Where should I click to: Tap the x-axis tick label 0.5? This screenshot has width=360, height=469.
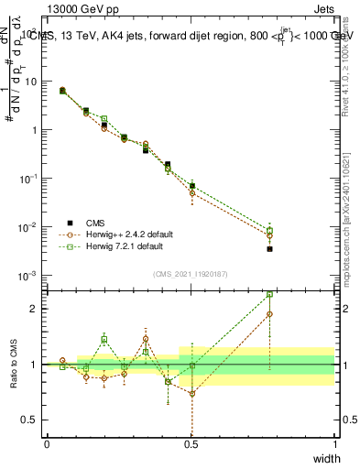click(191, 444)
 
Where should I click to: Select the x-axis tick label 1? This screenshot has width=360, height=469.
click(334, 444)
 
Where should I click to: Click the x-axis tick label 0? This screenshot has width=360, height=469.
click(47, 444)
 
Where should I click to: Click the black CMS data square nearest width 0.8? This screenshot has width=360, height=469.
click(269, 248)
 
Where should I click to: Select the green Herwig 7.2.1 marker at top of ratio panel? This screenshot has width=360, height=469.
click(269, 295)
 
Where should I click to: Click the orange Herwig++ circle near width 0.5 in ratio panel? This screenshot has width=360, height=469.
click(192, 394)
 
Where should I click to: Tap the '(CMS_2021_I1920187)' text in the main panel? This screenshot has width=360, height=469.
click(191, 273)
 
